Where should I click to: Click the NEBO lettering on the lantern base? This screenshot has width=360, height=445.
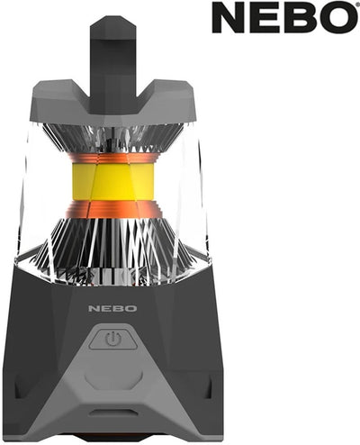click(112, 308)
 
